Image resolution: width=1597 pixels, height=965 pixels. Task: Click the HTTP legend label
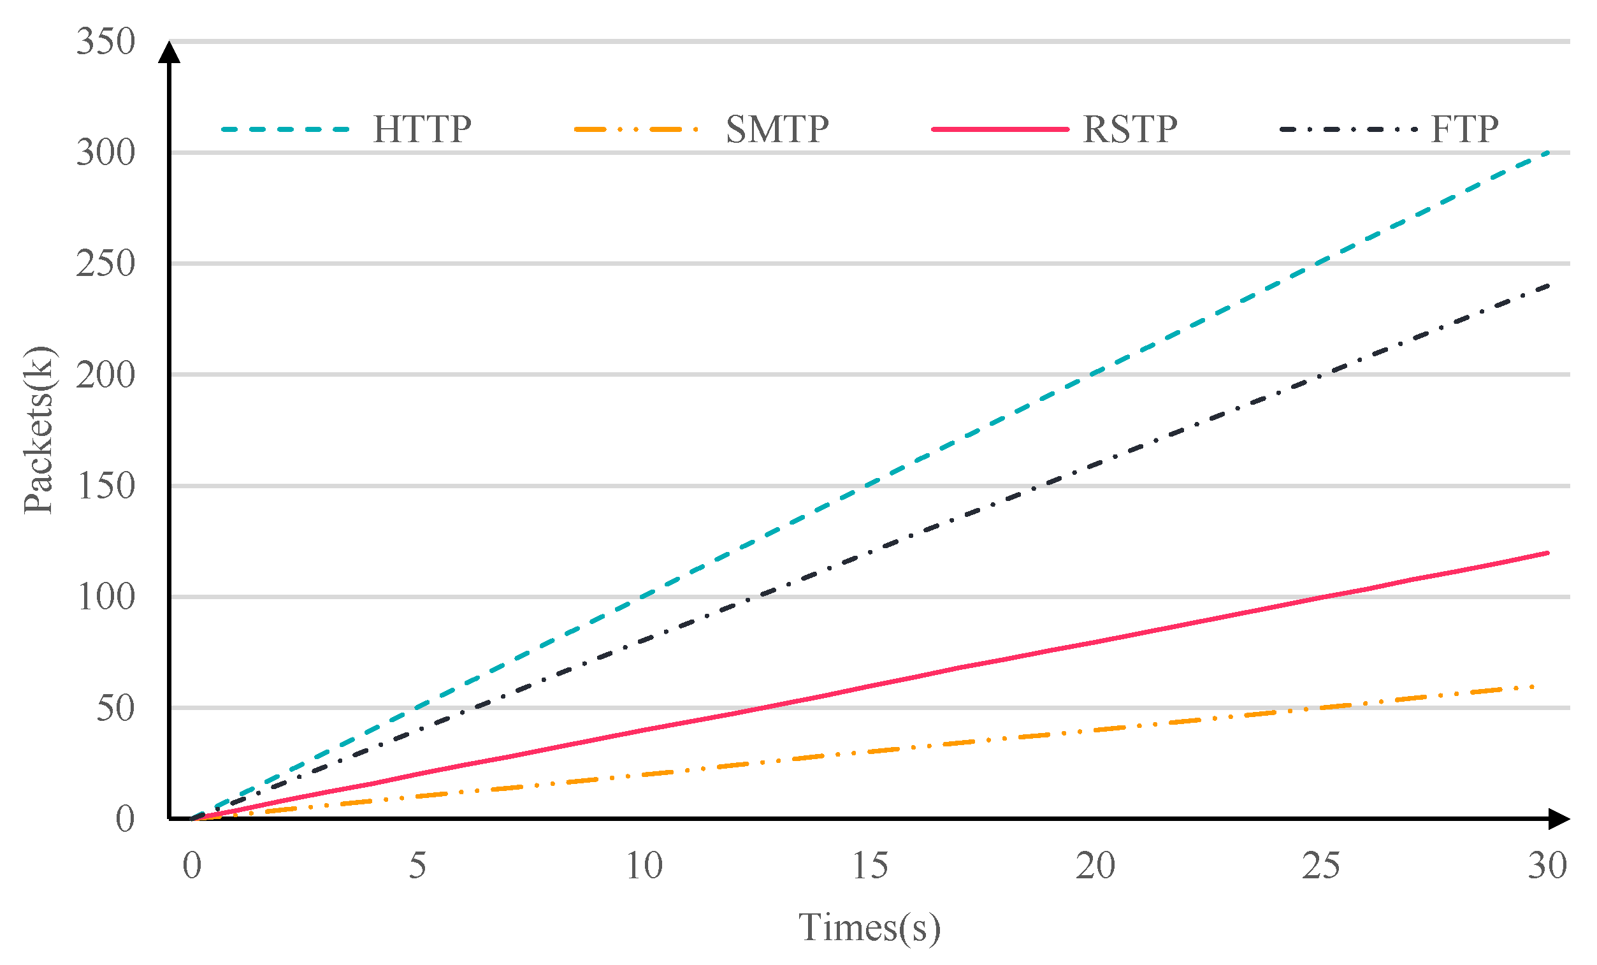click(422, 129)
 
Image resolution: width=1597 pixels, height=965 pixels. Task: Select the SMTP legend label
click(776, 129)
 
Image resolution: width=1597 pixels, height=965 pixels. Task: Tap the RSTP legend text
click(1130, 129)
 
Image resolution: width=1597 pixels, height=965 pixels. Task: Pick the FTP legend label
click(1464, 129)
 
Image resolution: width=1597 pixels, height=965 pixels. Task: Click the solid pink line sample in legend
click(999, 129)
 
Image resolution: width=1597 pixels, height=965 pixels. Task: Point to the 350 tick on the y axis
click(106, 41)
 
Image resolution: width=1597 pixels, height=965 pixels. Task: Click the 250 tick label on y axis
click(106, 263)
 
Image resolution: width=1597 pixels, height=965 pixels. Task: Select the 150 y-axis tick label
click(106, 486)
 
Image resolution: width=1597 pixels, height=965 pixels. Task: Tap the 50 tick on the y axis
click(115, 707)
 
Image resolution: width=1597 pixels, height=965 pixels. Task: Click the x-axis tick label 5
click(417, 866)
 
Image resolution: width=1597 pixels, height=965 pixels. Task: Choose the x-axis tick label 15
click(869, 866)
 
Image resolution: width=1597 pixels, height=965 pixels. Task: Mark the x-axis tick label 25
click(1321, 866)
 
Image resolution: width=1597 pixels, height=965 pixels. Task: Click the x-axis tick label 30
click(1547, 866)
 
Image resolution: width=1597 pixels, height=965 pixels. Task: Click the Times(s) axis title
click(869, 927)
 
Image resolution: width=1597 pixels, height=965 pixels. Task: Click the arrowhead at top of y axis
click(169, 52)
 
